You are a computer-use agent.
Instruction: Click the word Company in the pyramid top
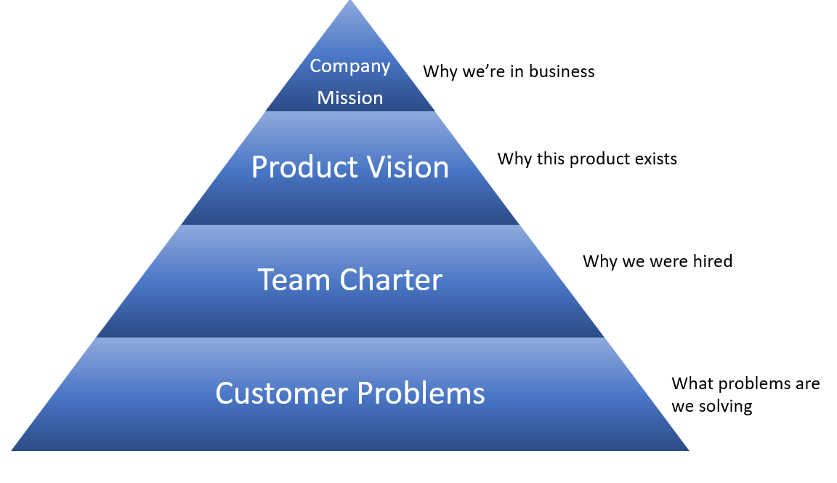[349, 66]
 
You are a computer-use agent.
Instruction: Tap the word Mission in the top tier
[349, 97]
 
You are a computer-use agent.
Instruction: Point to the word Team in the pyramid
[288, 280]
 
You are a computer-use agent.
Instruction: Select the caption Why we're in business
[509, 71]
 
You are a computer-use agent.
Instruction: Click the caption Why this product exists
[587, 159]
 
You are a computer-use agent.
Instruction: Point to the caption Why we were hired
[658, 261]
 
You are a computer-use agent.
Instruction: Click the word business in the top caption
[562, 71]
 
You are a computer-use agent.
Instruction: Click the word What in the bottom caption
[689, 383]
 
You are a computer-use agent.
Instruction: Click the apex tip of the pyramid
[350, 2]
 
